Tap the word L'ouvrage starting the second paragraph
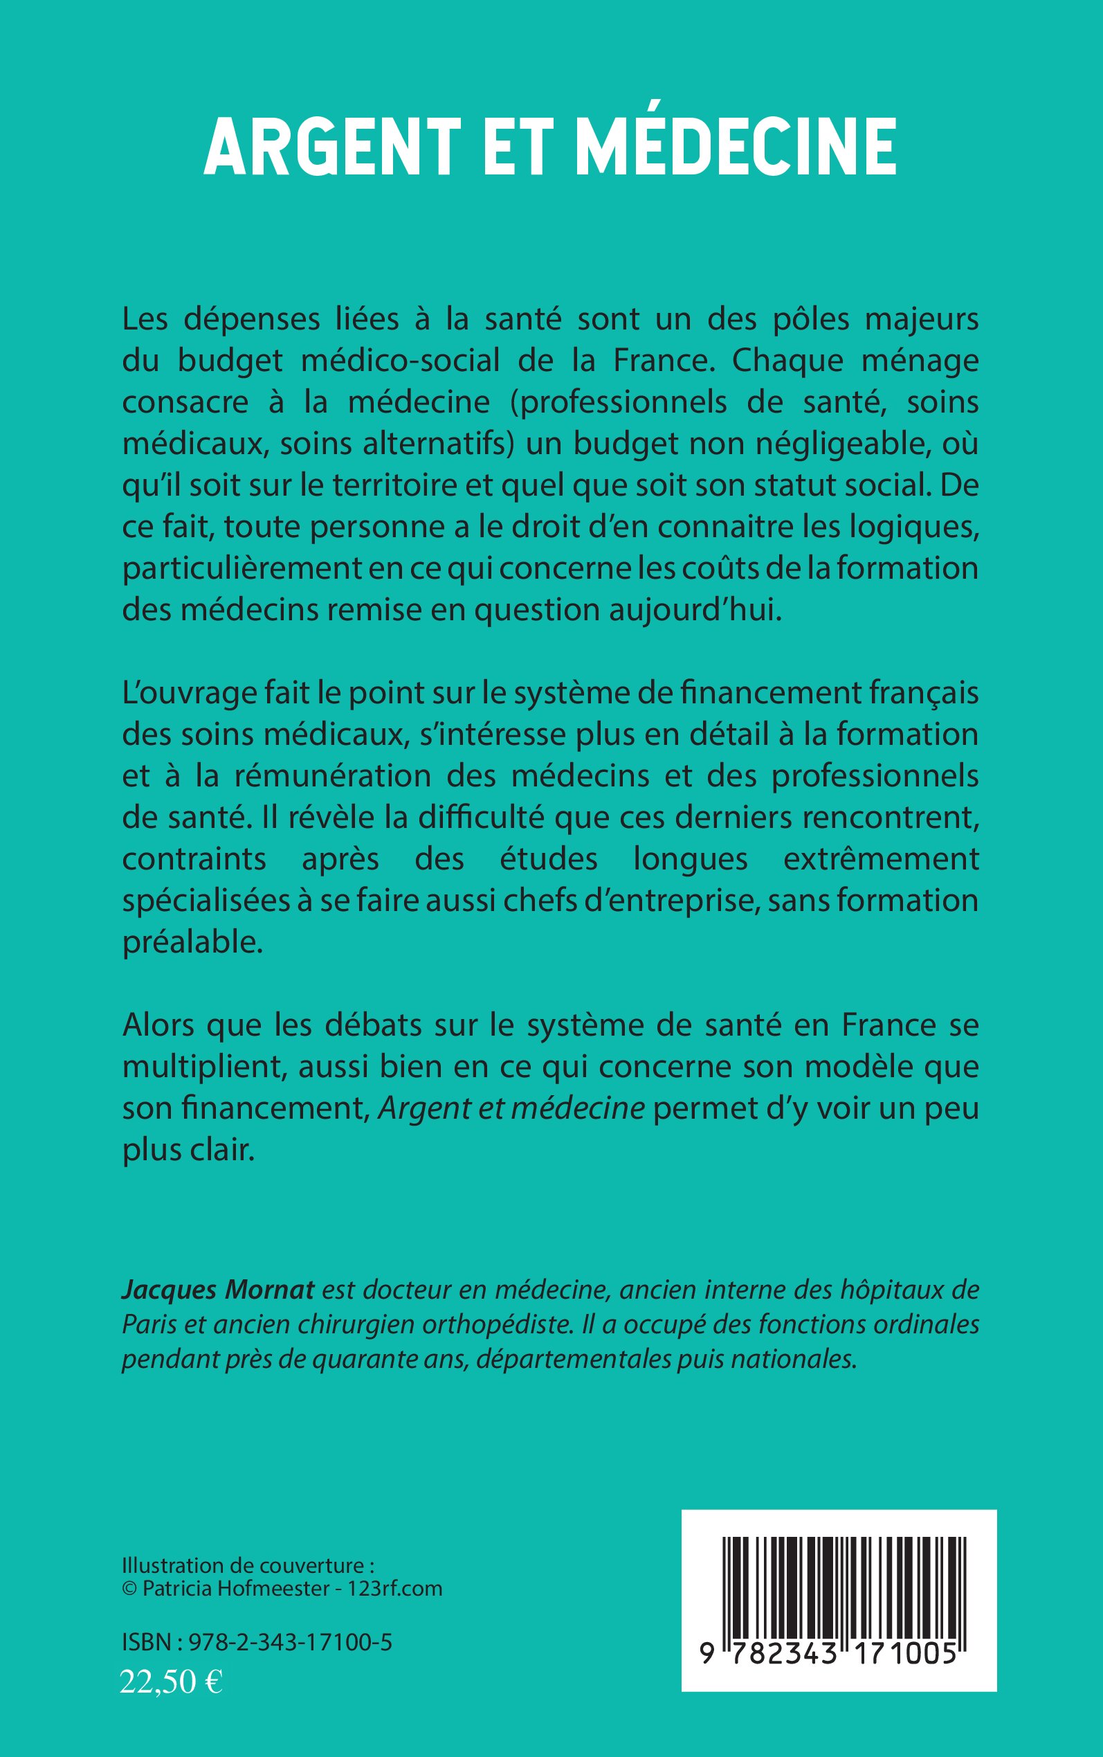189,694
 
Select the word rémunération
332,776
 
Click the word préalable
192,942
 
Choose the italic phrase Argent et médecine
511,1108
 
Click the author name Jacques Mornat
217,1289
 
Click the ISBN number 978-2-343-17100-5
291,1643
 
